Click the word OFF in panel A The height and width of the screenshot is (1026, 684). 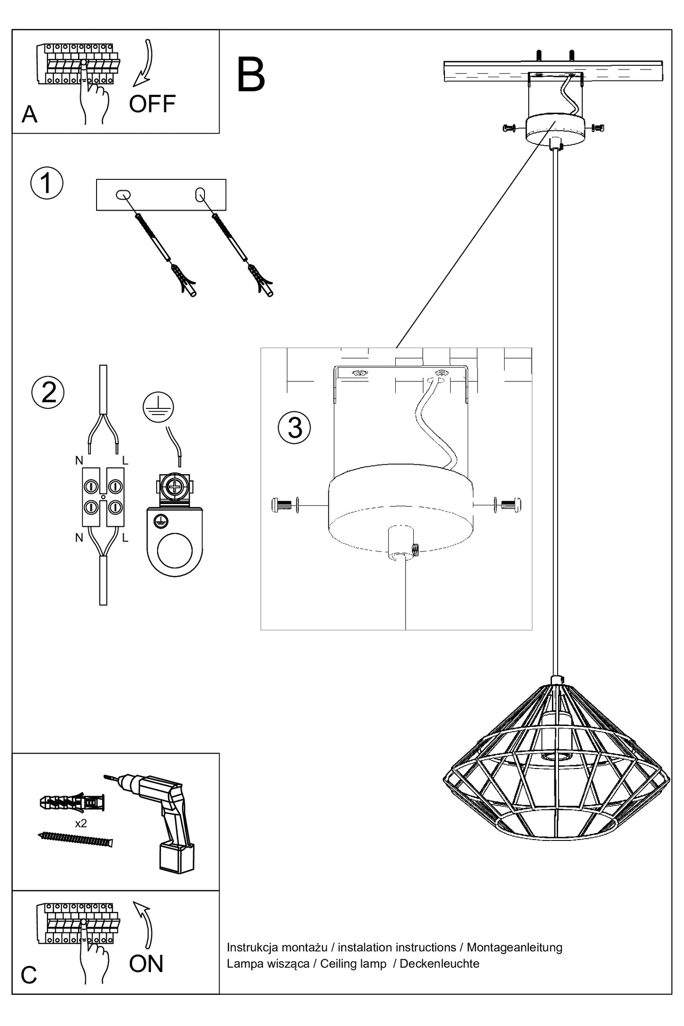click(x=152, y=104)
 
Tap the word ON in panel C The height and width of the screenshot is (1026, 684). click(x=146, y=964)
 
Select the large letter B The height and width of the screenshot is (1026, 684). click(x=251, y=76)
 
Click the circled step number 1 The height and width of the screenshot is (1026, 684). click(x=47, y=183)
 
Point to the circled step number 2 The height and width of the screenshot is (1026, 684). click(x=48, y=392)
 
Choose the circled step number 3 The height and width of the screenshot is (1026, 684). click(x=294, y=428)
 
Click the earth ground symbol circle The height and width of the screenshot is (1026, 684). click(x=159, y=407)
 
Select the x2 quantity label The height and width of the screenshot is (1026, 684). click(x=81, y=823)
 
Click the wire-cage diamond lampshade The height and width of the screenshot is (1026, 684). click(x=556, y=762)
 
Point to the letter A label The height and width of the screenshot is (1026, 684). click(x=29, y=115)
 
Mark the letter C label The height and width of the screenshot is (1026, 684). click(x=29, y=975)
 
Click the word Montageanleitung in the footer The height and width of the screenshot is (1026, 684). click(x=515, y=947)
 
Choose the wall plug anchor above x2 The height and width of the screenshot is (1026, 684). click(x=72, y=802)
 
